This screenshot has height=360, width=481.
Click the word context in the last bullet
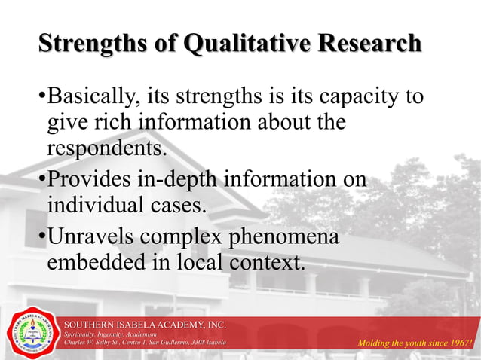(x=263, y=263)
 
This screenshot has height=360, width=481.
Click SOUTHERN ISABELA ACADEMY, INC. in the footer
(x=145, y=324)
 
